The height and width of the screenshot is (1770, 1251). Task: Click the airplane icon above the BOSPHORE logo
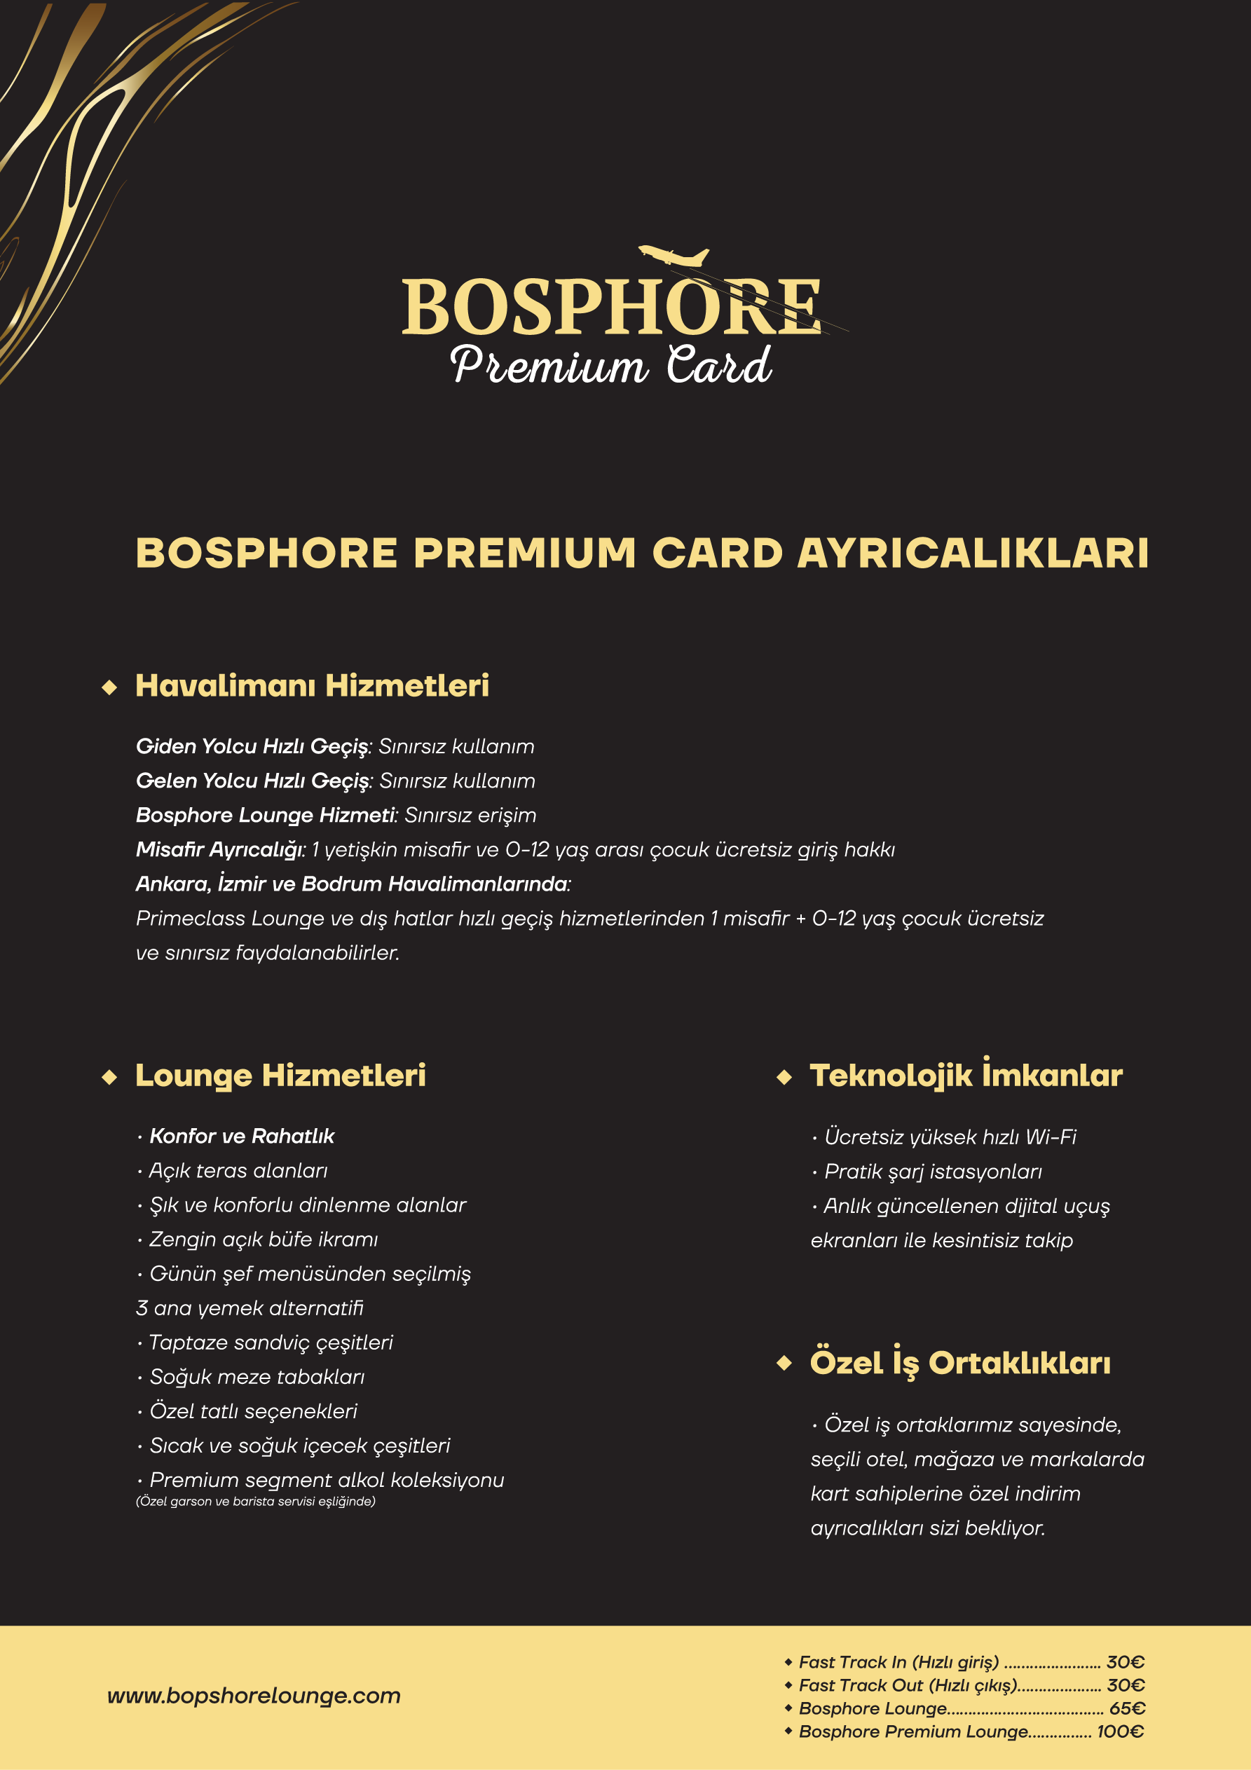[674, 256]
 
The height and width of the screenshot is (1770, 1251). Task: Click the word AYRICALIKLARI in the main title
[973, 554]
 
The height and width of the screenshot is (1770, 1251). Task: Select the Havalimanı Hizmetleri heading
[312, 685]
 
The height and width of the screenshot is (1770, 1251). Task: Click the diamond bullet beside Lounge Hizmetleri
[109, 1077]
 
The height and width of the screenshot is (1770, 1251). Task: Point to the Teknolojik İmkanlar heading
[966, 1076]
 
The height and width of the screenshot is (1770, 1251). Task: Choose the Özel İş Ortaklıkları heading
[959, 1363]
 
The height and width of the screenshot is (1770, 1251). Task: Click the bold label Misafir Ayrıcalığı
[220, 849]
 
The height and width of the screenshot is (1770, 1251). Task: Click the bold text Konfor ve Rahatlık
[241, 1137]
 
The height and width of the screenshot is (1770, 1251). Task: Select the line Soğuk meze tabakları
[257, 1377]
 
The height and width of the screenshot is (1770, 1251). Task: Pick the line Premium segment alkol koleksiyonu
[327, 1480]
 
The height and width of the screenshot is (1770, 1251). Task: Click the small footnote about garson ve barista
[255, 1501]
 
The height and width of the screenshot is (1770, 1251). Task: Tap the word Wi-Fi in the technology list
[1051, 1137]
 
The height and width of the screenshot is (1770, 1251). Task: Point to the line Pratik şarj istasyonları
[932, 1172]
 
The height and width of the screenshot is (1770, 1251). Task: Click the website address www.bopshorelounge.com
[254, 1695]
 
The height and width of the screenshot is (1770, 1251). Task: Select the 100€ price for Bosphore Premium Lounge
[1120, 1731]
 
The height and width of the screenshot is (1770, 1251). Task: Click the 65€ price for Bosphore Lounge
[1127, 1708]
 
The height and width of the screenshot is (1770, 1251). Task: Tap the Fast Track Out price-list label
[908, 1685]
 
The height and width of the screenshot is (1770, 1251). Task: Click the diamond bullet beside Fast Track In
[788, 1662]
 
